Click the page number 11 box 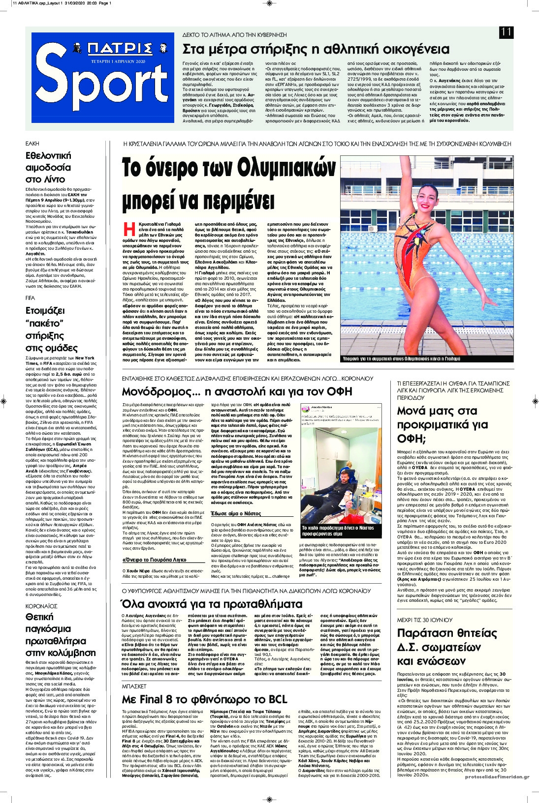click(x=506, y=32)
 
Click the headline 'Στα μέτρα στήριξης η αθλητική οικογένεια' click(x=316, y=49)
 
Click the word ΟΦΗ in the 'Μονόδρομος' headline click(x=340, y=391)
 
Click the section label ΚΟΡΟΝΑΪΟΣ click(x=42, y=606)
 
